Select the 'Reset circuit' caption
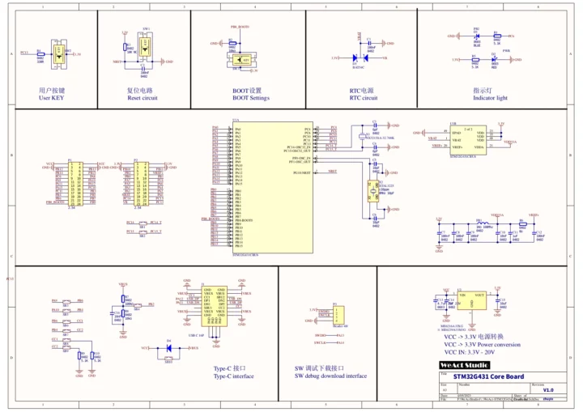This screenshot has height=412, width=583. (x=142, y=98)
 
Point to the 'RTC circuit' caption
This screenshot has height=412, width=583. (x=363, y=98)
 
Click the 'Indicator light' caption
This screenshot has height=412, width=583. (x=490, y=98)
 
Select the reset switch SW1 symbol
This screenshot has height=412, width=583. (x=144, y=47)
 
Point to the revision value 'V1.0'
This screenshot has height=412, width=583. (x=547, y=390)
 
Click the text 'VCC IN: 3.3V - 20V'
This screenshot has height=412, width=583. (x=479, y=352)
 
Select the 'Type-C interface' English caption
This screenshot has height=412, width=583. (x=233, y=376)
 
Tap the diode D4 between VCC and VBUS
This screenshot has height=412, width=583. (x=168, y=347)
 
